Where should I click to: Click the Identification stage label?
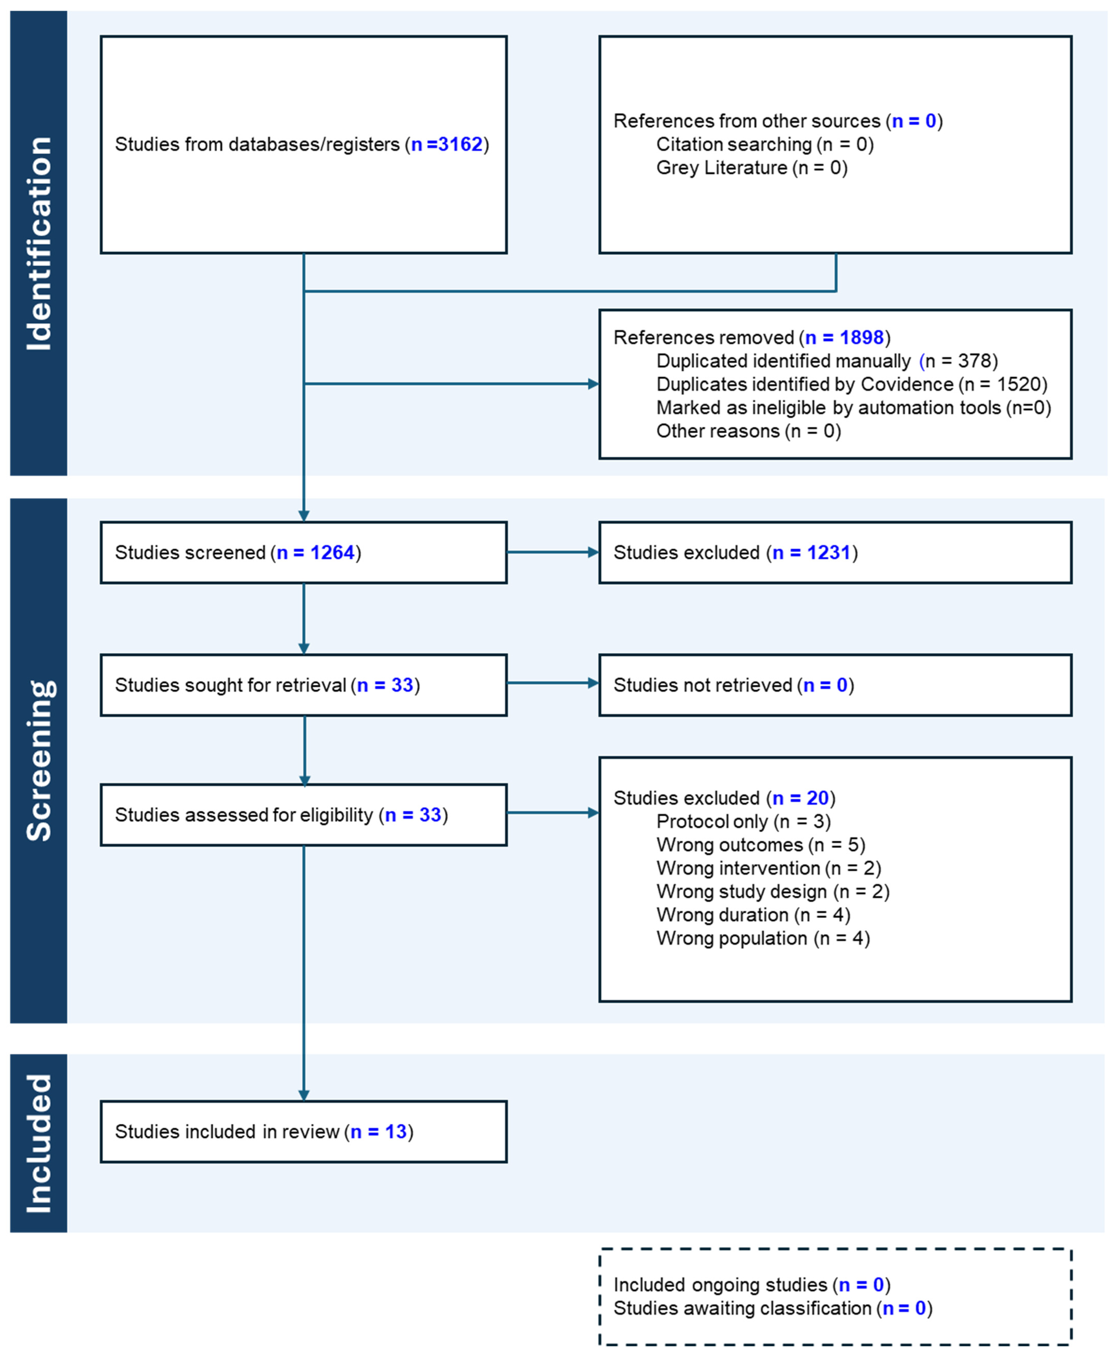tap(39, 244)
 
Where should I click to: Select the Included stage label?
tap(39, 1143)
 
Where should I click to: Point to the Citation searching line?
tap(764, 144)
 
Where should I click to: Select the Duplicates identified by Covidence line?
tap(851, 385)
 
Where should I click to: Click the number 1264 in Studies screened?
tap(332, 552)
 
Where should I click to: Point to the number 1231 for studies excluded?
tap(829, 552)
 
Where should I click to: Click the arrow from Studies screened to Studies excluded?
tap(552, 552)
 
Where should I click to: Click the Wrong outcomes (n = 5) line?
tap(761, 845)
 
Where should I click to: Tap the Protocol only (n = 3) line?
tap(743, 822)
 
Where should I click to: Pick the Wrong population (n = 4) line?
tap(763, 938)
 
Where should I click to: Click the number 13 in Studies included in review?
tap(395, 1132)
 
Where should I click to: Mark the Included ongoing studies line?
tap(752, 1285)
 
